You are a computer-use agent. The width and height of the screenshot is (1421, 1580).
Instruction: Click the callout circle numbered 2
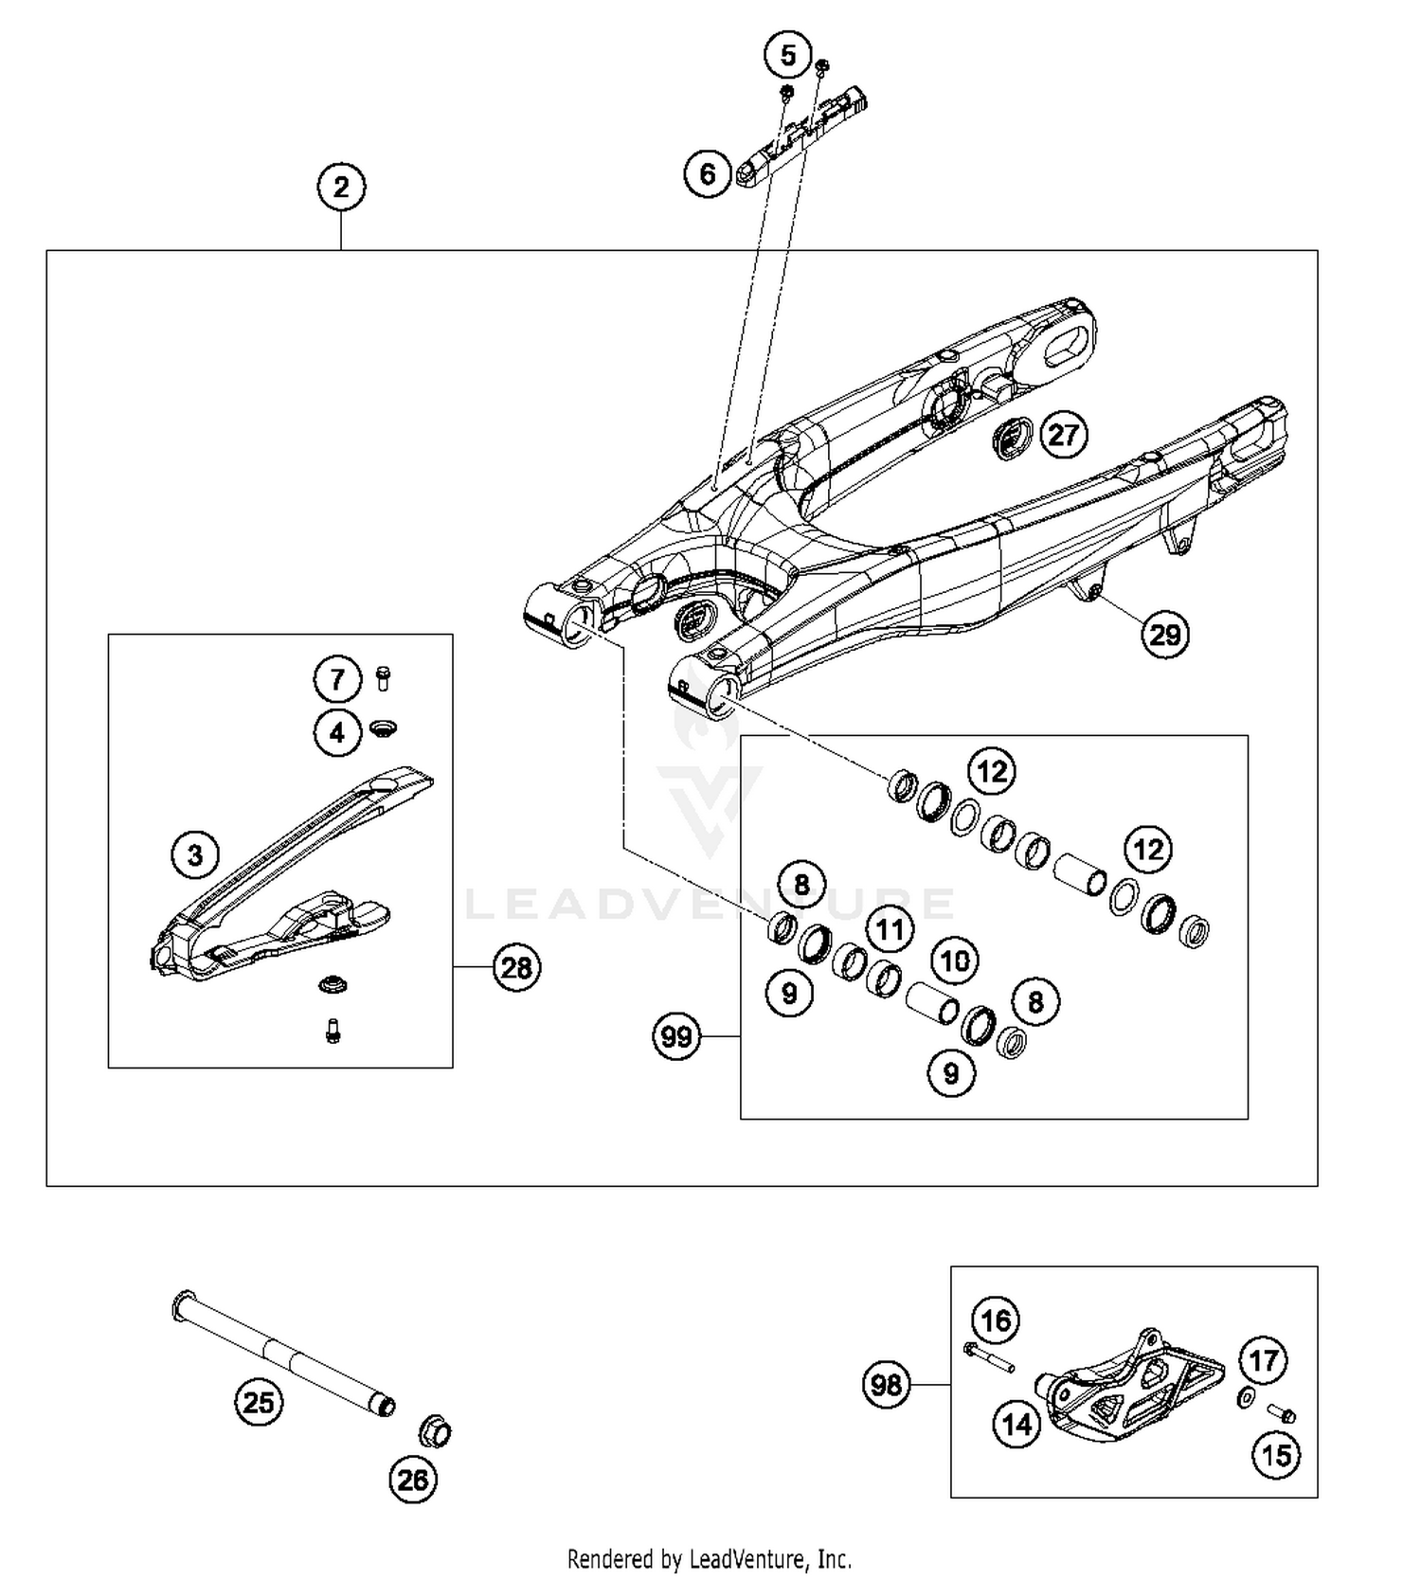(x=341, y=187)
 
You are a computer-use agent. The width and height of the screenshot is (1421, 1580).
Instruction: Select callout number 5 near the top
(x=788, y=56)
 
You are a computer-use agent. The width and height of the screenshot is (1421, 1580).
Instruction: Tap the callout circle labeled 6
(x=708, y=174)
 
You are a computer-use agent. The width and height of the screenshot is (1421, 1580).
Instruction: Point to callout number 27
(x=1063, y=435)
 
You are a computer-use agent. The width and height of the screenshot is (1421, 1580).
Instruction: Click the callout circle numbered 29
(x=1164, y=634)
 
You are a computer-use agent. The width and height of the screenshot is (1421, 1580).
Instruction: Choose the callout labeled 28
(x=516, y=967)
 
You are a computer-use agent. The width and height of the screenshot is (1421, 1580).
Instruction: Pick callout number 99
(x=676, y=1036)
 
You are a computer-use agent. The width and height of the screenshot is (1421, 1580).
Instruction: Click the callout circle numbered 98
(x=887, y=1385)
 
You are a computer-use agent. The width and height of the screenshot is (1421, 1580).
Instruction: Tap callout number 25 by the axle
(x=259, y=1402)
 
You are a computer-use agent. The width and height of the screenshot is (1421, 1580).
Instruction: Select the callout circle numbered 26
(x=413, y=1479)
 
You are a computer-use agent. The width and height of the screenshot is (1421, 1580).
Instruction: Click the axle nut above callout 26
(x=436, y=1431)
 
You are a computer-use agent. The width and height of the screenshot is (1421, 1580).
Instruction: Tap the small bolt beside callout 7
(x=383, y=678)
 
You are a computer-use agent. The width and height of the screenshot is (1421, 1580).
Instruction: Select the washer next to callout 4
(x=383, y=728)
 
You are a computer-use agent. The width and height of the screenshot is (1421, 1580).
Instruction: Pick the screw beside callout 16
(x=989, y=1356)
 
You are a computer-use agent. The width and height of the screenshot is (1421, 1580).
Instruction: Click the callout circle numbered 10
(x=954, y=961)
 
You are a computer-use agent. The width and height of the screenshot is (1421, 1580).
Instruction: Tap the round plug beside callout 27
(x=1010, y=438)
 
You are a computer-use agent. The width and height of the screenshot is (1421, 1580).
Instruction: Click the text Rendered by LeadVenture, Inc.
(x=710, y=1558)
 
